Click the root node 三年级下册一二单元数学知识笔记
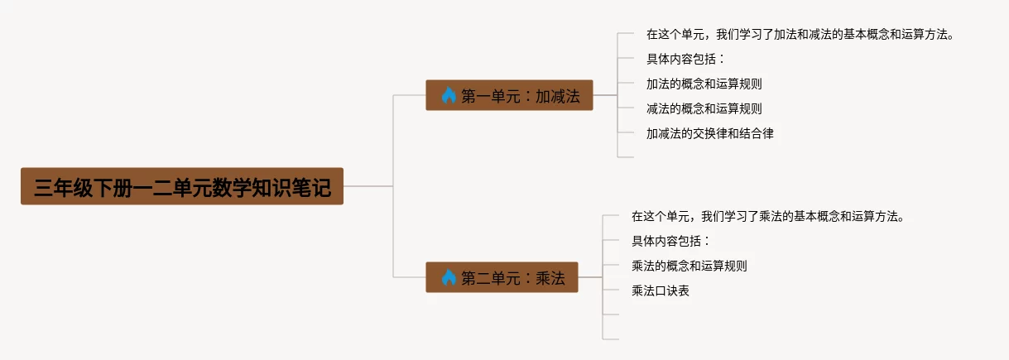click(x=182, y=186)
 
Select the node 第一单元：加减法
click(x=509, y=95)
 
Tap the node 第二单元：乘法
click(x=502, y=277)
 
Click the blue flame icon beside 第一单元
click(x=449, y=95)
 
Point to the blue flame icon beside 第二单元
click(x=449, y=277)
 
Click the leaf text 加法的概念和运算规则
click(x=704, y=84)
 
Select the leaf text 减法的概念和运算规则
click(x=704, y=108)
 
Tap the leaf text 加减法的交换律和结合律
click(x=710, y=133)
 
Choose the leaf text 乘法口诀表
click(x=661, y=290)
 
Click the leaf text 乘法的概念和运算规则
click(x=689, y=266)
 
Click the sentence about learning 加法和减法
click(x=800, y=34)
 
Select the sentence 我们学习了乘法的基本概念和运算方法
click(x=803, y=216)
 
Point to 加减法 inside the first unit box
click(x=558, y=96)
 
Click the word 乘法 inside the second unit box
click(x=550, y=278)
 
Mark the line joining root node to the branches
click(x=368, y=186)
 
